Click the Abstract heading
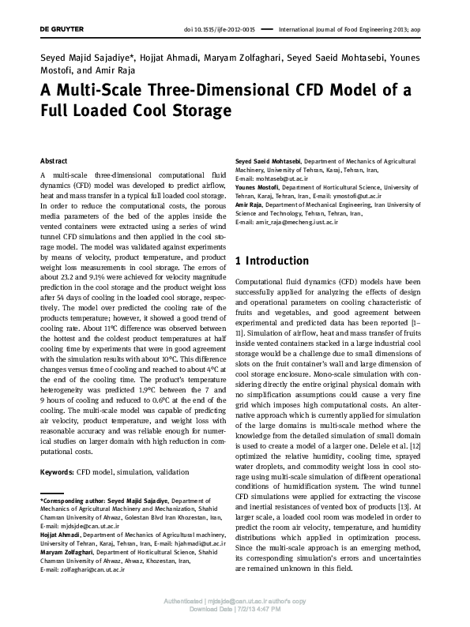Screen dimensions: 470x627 (53, 160)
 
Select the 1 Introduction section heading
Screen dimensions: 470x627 (273, 261)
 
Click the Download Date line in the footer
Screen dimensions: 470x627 (235, 609)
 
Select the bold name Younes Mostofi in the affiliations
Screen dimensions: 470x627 (261, 186)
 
